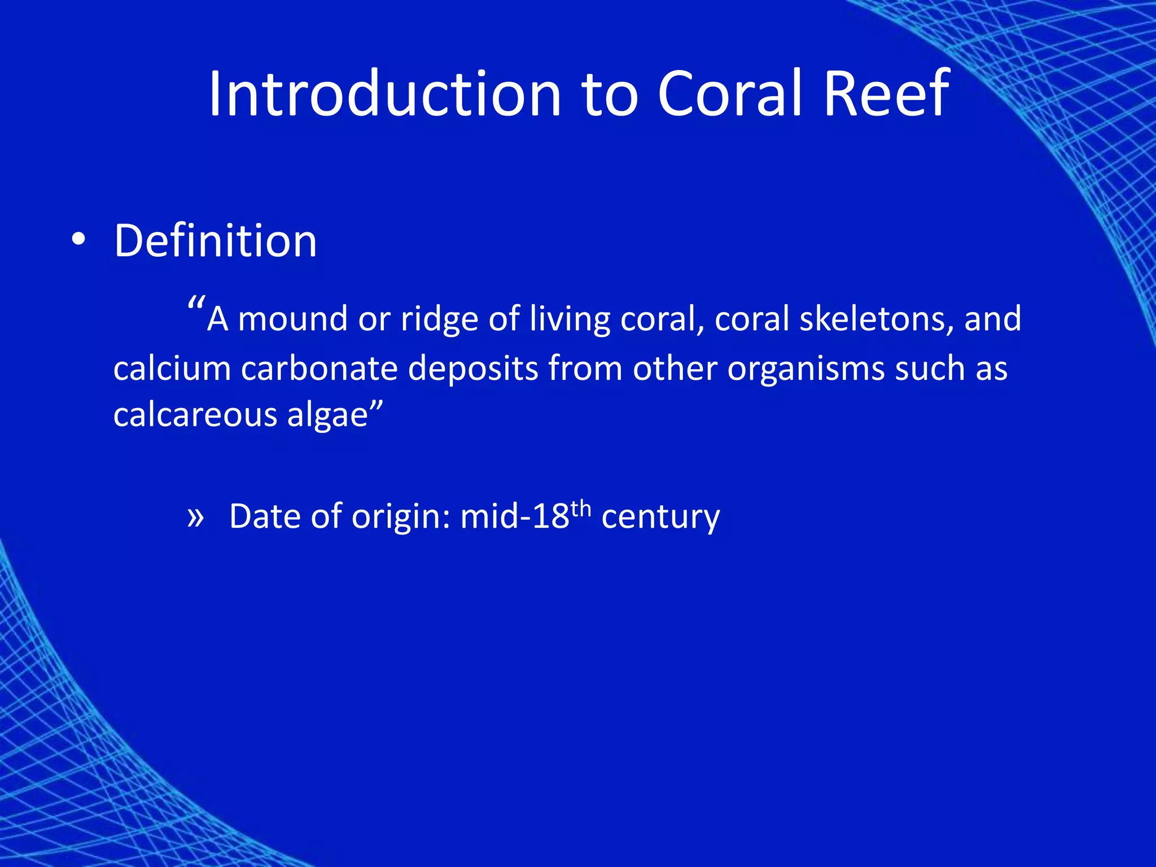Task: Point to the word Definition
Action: click(216, 241)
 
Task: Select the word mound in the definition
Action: click(292, 319)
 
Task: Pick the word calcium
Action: click(172, 369)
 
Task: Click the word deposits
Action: click(473, 369)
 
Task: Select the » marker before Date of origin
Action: click(195, 517)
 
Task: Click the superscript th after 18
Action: click(581, 508)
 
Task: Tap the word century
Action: click(660, 517)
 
